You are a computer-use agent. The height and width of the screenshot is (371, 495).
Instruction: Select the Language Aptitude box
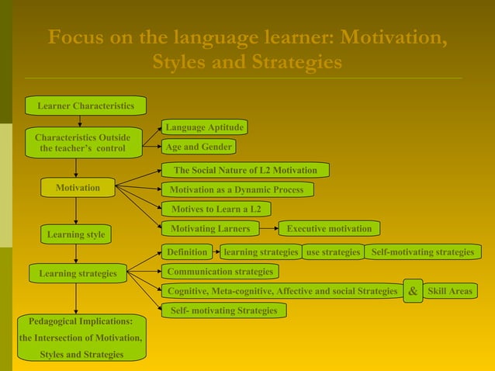point(205,127)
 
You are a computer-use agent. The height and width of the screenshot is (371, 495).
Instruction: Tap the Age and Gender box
point(199,147)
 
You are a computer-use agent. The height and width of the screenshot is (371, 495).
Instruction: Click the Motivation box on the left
point(77,188)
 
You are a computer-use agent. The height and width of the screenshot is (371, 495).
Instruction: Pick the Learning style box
point(75,234)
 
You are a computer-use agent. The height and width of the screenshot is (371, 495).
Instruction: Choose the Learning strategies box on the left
point(78,273)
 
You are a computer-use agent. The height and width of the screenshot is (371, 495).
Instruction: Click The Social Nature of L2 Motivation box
point(245,170)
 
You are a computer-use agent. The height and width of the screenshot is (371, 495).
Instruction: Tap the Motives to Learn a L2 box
point(216,209)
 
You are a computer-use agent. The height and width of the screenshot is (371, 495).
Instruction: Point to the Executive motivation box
point(329,228)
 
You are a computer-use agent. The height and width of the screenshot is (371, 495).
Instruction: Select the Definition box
point(188,252)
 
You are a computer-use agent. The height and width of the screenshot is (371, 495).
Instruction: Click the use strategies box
point(333,252)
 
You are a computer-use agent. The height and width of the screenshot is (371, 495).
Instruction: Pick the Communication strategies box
point(220,272)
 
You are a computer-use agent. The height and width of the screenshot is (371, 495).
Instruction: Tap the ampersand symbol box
point(413,291)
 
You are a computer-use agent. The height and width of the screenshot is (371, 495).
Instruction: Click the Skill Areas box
point(449,291)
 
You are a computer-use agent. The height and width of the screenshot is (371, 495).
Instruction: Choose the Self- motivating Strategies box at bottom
point(223,310)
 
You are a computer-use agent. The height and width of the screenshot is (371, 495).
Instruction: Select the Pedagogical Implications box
point(81,338)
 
